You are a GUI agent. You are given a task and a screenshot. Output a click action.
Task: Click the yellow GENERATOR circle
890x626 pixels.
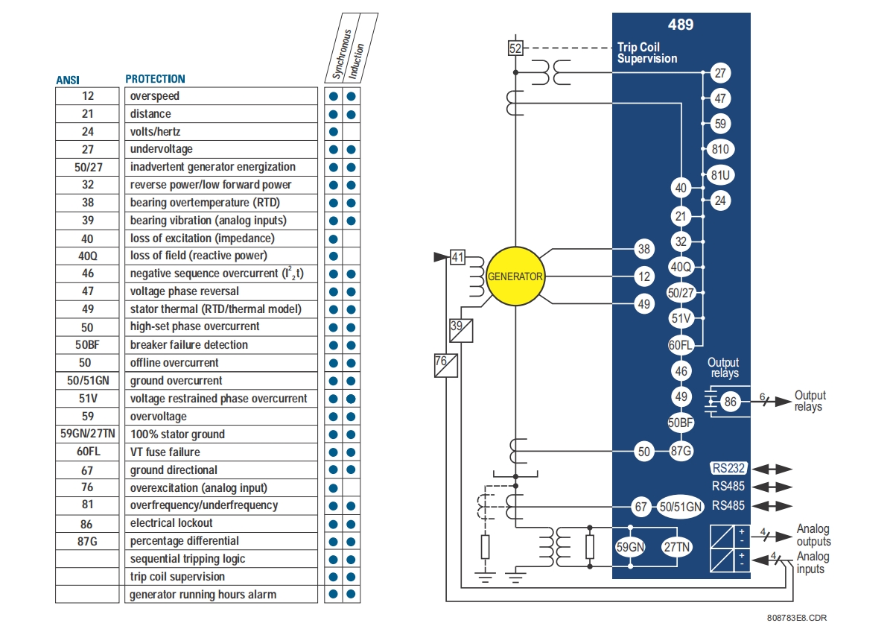point(515,276)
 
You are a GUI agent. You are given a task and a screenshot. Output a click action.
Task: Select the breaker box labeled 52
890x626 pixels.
point(515,48)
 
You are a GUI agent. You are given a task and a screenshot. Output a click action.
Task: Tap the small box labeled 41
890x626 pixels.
point(457,257)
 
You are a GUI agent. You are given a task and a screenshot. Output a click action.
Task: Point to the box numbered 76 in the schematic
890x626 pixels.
point(445,365)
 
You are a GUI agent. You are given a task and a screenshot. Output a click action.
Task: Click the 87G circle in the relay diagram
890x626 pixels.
point(681,450)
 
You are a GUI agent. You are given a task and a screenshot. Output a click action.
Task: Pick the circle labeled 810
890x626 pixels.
point(719,149)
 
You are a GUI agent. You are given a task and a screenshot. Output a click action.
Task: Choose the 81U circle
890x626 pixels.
point(719,175)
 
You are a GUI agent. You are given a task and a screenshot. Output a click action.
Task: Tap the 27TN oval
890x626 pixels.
point(678,547)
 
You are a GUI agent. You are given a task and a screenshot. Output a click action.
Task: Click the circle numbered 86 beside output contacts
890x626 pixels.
point(730,402)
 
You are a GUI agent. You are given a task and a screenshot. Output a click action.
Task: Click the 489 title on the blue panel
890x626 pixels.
point(680,25)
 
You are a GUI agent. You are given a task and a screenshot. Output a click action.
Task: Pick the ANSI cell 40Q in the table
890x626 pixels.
point(88,256)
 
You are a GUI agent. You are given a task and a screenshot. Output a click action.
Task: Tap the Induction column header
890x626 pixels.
point(360,56)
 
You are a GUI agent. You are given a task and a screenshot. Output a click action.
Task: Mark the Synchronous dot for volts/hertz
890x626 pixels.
point(334,132)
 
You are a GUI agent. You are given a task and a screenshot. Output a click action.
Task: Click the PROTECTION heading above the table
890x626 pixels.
point(155,78)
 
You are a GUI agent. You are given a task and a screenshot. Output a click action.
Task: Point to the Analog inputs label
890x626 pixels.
point(812,563)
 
